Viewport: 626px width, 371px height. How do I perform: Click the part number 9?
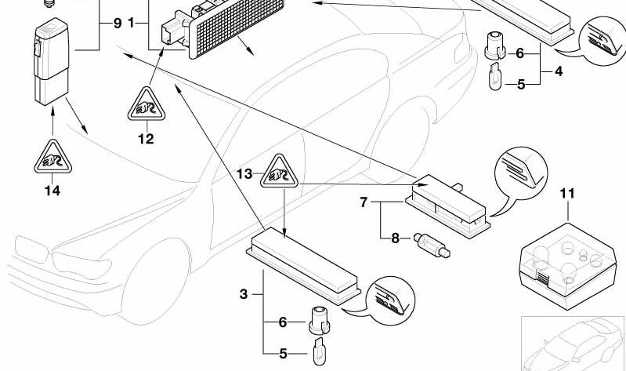(x=118, y=24)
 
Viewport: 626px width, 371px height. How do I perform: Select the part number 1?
(x=132, y=24)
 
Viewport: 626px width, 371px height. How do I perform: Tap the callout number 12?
(x=146, y=139)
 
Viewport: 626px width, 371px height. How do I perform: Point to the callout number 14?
(x=52, y=191)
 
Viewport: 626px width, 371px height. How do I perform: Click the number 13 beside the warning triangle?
(x=244, y=174)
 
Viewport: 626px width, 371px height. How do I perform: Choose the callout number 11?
(x=567, y=194)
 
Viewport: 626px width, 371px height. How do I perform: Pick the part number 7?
(x=364, y=202)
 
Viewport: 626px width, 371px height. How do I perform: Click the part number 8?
(x=395, y=238)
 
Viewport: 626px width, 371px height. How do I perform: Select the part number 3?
(x=244, y=294)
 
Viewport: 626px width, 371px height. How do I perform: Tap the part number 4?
(x=559, y=71)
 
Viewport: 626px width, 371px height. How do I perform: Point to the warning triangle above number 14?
(x=52, y=156)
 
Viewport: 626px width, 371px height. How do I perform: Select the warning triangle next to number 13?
(x=279, y=171)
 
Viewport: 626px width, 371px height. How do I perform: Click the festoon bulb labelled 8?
(x=432, y=245)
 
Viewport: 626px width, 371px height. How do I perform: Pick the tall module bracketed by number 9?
(x=51, y=61)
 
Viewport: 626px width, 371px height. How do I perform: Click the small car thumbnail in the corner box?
(x=573, y=344)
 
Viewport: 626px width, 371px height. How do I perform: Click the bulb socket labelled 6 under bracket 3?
(x=320, y=320)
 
